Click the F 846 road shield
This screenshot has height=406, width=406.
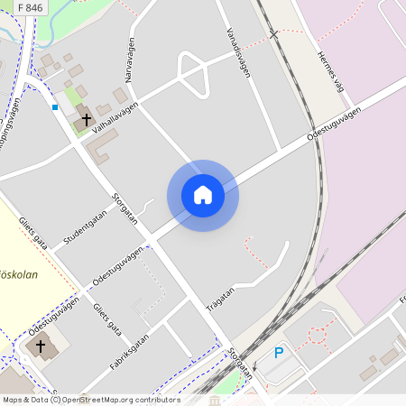pos(29,8)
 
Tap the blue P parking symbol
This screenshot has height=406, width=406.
pos(279,353)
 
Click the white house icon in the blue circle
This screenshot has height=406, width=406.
pos(203,194)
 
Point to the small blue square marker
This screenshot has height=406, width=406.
pos(55,107)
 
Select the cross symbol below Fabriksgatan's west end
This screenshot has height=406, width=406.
pos(40,346)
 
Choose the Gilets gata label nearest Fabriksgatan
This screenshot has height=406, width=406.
pos(107,319)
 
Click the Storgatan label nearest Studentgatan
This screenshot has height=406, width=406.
pos(125,208)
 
